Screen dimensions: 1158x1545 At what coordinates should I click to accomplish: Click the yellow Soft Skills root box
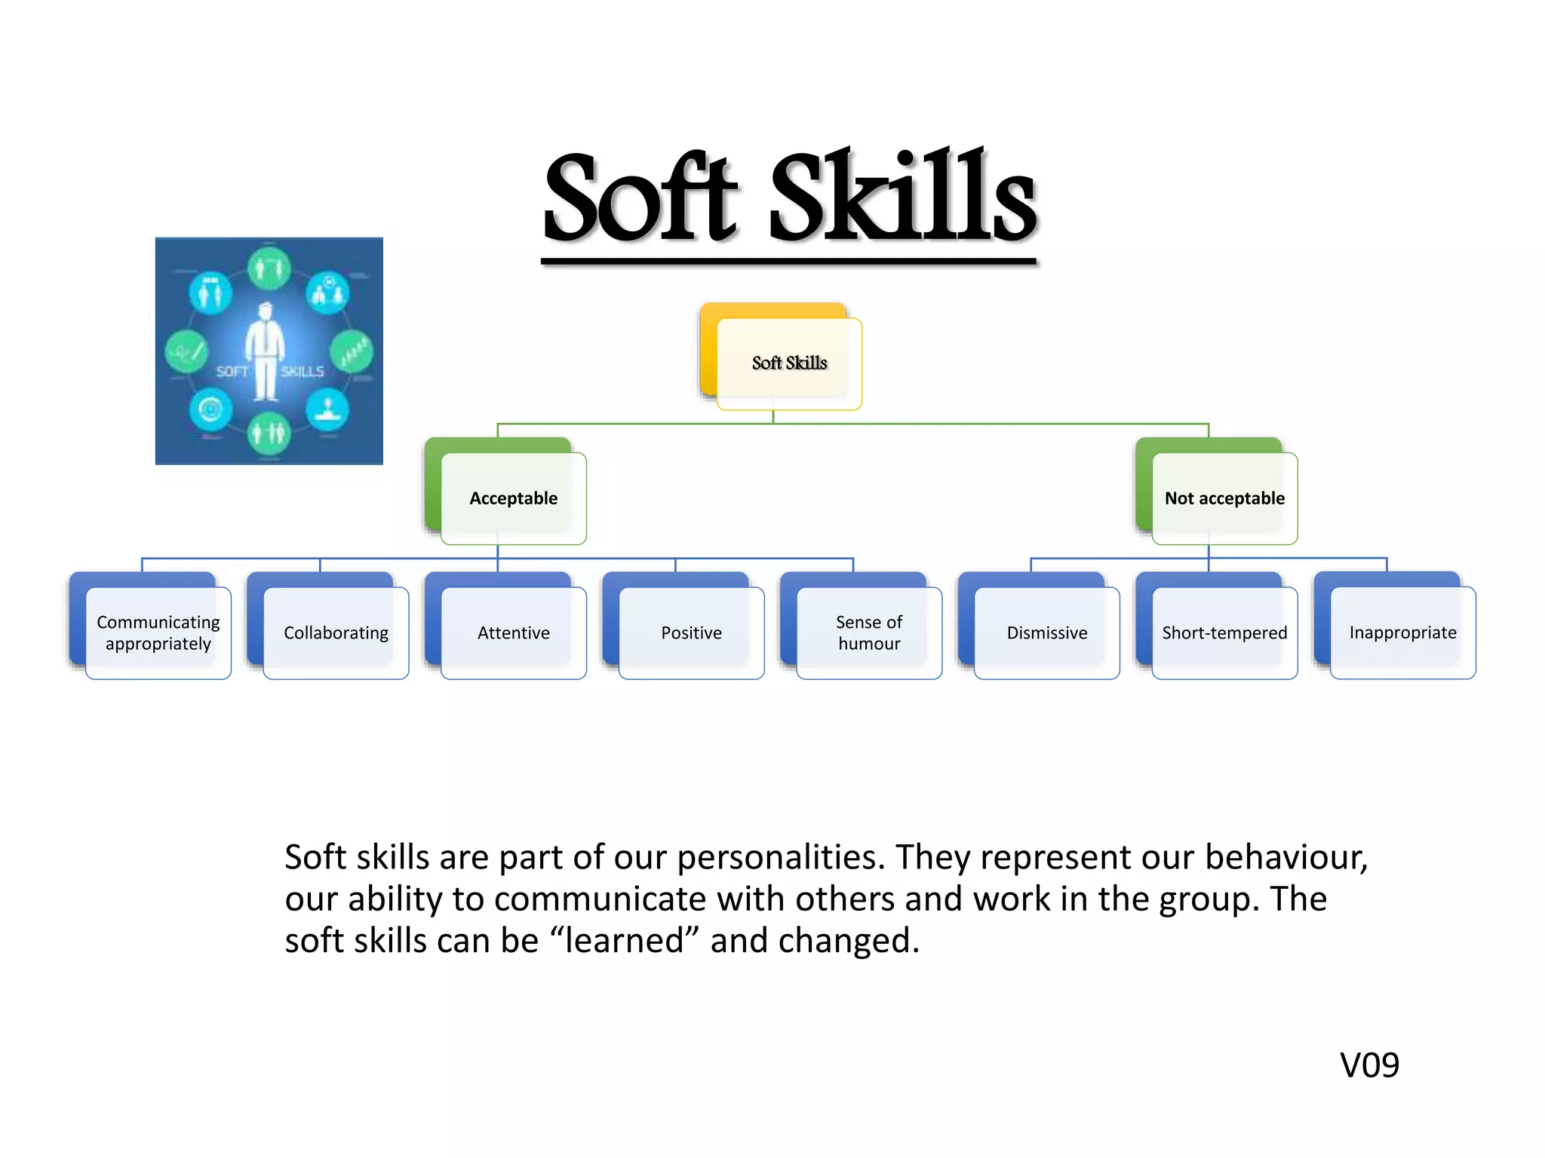coord(789,363)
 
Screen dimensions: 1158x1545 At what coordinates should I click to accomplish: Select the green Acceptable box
coord(513,498)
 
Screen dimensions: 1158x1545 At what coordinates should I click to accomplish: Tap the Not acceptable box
coord(1224,498)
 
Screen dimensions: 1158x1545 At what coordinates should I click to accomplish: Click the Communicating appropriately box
coord(158,633)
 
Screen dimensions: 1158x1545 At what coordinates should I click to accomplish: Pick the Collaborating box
coord(336,633)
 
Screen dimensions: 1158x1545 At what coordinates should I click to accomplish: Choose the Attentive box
coord(513,633)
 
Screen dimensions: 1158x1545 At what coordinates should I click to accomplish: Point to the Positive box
coord(691,633)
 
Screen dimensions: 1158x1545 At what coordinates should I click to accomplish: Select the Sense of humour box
coord(869,633)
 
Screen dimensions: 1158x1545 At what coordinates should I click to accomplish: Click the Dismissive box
coord(1047,633)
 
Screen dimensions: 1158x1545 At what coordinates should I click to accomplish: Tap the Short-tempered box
coord(1224,633)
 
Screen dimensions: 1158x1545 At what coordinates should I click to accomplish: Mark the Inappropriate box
coord(1402,633)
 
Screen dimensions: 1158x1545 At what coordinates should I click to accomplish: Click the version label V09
coord(1369,1065)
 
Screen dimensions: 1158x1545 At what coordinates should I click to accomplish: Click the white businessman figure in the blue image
coord(265,351)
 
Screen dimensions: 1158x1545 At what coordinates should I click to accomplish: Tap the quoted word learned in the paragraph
coord(626,941)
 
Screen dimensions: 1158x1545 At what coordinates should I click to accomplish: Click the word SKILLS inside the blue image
coord(303,372)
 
